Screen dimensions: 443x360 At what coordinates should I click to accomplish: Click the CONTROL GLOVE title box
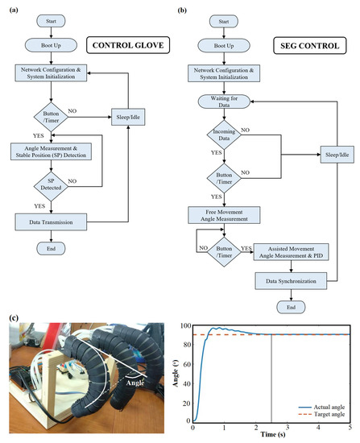[132, 46]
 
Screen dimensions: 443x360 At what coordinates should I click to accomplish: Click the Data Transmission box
[50, 220]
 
